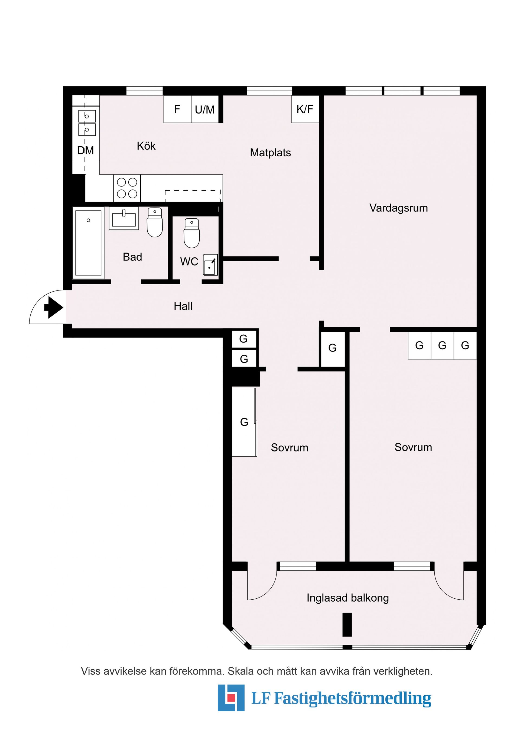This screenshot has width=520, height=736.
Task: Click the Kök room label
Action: (146, 146)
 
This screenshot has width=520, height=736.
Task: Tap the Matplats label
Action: (270, 153)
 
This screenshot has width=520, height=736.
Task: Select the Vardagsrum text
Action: (398, 208)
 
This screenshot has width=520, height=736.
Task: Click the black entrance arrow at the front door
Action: (54, 307)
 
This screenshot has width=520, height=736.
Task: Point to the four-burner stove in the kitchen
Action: (127, 188)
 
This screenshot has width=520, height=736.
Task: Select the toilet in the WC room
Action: (191, 233)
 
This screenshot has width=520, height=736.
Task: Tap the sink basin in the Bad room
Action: (124, 219)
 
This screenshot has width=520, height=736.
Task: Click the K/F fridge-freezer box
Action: (305, 109)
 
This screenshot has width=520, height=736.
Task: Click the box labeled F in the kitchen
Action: (177, 109)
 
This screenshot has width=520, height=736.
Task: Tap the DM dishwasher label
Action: (85, 150)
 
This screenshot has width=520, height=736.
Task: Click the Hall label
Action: (183, 306)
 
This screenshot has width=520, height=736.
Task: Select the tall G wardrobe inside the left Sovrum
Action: (244, 422)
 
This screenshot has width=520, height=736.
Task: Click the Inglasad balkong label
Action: (348, 598)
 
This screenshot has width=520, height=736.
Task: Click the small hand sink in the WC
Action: (210, 265)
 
